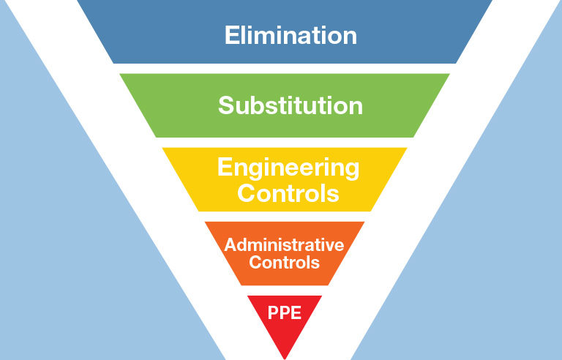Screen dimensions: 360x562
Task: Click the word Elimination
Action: coord(291,35)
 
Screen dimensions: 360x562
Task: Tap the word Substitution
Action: coord(291,105)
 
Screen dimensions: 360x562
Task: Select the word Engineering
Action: coord(288,168)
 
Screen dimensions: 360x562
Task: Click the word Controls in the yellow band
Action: coord(288,193)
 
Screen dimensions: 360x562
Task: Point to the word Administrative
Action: coord(284,244)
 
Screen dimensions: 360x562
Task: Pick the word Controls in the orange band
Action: coord(284,262)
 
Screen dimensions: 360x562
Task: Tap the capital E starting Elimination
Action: coord(231,35)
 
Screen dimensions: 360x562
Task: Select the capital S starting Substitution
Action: coord(226,105)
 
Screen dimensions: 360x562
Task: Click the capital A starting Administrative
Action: coord(230,244)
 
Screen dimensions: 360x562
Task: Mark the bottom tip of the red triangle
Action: coord(284,358)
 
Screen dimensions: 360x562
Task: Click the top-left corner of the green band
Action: coord(120,74)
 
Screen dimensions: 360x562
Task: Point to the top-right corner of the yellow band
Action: coord(407,148)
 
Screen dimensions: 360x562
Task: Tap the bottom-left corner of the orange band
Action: coord(240,285)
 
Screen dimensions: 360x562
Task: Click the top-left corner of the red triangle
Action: coord(247,296)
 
